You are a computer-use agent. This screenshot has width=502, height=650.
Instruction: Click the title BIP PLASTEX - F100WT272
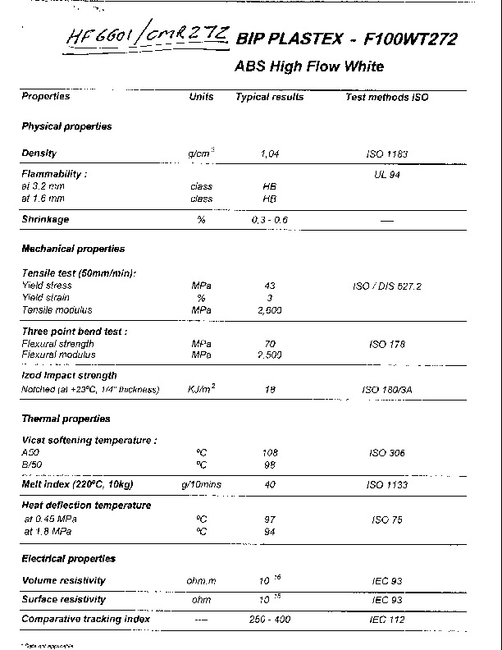pyautogui.click(x=345, y=39)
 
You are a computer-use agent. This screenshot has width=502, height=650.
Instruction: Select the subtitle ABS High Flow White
pyautogui.click(x=309, y=66)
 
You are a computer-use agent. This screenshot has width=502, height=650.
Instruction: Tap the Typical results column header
pyautogui.click(x=269, y=97)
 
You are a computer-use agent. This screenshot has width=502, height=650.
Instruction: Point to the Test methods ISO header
pyautogui.click(x=386, y=97)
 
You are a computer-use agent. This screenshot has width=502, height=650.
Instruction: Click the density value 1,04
pyautogui.click(x=270, y=153)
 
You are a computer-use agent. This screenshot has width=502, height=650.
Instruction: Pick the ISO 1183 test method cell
pyautogui.click(x=387, y=153)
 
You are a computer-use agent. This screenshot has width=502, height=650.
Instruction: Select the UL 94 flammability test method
pyautogui.click(x=386, y=174)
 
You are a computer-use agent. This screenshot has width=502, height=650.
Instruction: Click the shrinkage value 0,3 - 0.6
pyautogui.click(x=270, y=220)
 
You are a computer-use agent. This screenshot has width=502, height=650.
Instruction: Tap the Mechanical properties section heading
pyautogui.click(x=73, y=249)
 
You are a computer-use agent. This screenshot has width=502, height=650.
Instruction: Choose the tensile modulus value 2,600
pyautogui.click(x=270, y=310)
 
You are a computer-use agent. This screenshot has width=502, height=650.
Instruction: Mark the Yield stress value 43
pyautogui.click(x=270, y=286)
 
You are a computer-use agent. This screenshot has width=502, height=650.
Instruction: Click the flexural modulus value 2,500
pyautogui.click(x=270, y=355)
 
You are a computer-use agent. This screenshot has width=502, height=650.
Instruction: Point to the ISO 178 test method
pyautogui.click(x=387, y=344)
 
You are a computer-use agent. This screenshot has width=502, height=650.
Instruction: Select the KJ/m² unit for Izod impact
pyautogui.click(x=201, y=389)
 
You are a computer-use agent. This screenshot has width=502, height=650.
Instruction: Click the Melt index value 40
pyautogui.click(x=270, y=485)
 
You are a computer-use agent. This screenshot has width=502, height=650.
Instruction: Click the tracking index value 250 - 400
pyautogui.click(x=270, y=619)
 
